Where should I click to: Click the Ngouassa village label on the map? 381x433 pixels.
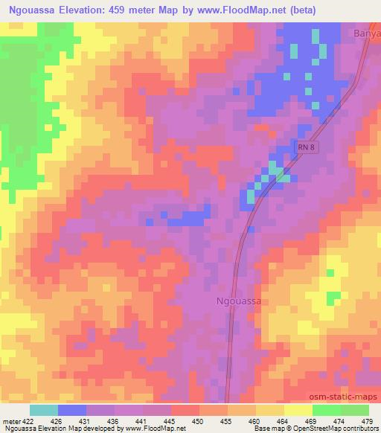click(240, 301)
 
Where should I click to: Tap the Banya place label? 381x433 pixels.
click(367, 33)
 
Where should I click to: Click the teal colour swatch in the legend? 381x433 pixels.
click(44, 410)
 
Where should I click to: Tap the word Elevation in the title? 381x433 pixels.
click(99, 10)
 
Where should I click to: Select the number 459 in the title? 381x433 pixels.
click(141, 10)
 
